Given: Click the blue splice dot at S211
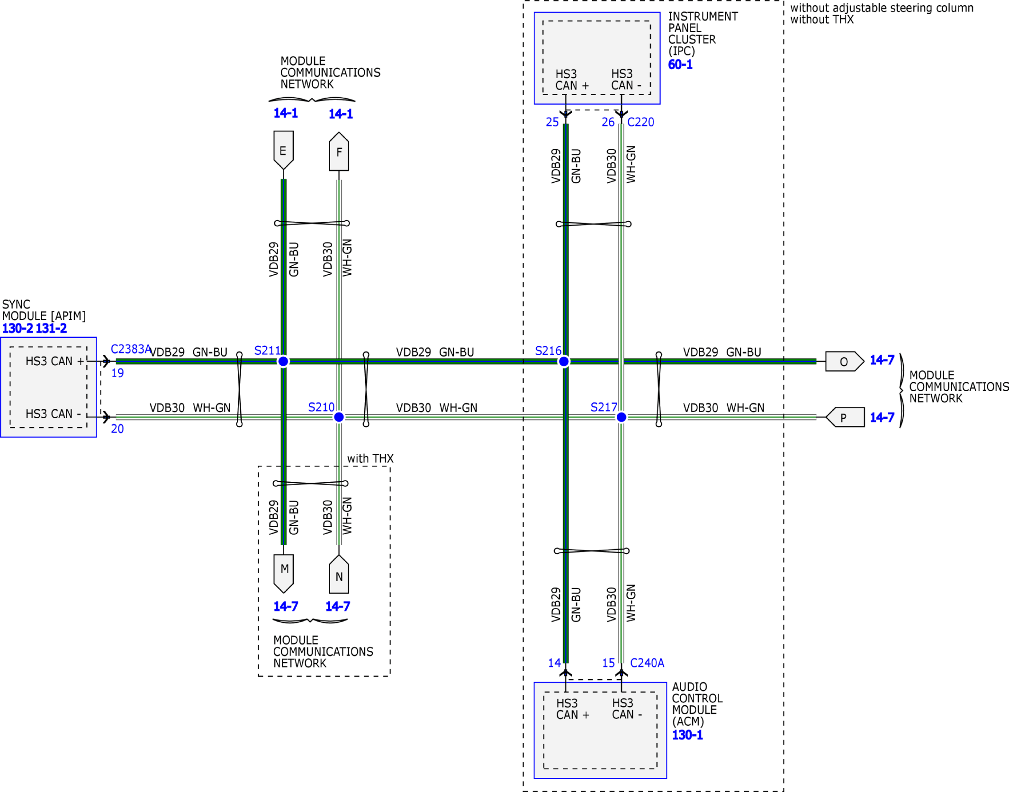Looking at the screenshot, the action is tap(283, 361).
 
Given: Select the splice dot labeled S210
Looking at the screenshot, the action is tap(339, 417).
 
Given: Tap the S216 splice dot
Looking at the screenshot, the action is tap(564, 361).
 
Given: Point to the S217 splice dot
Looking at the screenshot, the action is tap(622, 417).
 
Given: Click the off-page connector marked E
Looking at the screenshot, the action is tap(283, 150).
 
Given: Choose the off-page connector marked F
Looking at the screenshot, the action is tap(339, 152).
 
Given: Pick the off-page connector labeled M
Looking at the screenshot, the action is tap(284, 574).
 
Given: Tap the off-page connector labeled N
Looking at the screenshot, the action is tap(339, 574).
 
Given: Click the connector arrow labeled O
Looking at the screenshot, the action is tap(845, 361).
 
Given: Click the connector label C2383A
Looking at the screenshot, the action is tap(131, 349).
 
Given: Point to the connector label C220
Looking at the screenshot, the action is tap(640, 122).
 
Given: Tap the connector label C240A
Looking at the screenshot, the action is tap(647, 663).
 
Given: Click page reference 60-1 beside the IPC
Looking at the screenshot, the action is tap(680, 64).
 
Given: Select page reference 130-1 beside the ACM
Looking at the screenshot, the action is tap(687, 735).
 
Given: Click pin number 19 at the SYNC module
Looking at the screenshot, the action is tap(117, 373).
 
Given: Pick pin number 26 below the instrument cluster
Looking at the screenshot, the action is tap(608, 122).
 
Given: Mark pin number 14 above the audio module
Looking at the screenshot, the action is tap(555, 663).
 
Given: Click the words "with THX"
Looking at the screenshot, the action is tap(370, 459).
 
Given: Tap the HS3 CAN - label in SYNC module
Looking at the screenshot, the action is tap(54, 414).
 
